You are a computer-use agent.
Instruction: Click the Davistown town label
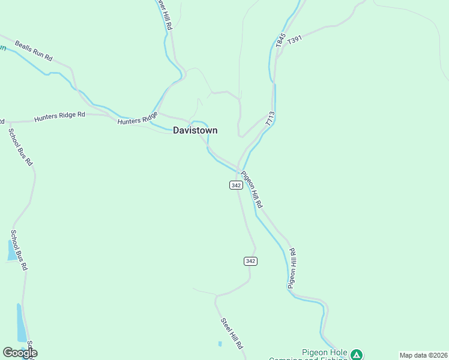[x=195, y=130]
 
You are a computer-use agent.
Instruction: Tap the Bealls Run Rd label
[x=34, y=52]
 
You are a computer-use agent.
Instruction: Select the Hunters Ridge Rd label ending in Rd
[x=59, y=116]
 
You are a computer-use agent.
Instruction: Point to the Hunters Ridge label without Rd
[x=137, y=118]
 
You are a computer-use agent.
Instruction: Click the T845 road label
[x=280, y=40]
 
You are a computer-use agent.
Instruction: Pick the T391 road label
[x=295, y=40]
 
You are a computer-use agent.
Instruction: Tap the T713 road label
[x=270, y=118]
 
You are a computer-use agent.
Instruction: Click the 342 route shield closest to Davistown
[x=236, y=185]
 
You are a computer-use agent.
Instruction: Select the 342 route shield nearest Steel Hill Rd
[x=250, y=260]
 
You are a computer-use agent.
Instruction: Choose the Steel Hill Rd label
[x=231, y=333]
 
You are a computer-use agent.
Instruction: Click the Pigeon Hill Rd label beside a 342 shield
[x=252, y=190]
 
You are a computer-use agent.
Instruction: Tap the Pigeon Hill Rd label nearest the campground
[x=292, y=268]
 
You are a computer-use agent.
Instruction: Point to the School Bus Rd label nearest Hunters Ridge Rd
[x=20, y=146]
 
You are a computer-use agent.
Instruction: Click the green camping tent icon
[x=357, y=355]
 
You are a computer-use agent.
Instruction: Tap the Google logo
[x=19, y=353]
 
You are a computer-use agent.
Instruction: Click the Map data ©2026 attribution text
[x=423, y=355]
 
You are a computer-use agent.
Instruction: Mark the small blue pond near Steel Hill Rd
[x=220, y=344]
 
